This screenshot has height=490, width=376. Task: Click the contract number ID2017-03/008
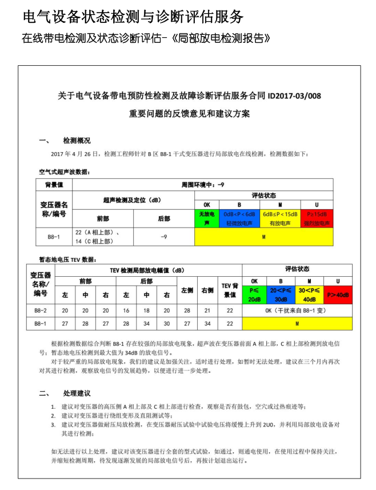[290, 96]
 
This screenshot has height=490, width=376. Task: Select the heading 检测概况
[76, 140]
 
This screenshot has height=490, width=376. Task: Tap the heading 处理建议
[77, 393]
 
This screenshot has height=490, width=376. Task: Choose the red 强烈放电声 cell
[317, 218]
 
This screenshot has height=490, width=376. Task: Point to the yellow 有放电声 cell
[279, 218]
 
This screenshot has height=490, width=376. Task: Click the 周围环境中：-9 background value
[202, 185]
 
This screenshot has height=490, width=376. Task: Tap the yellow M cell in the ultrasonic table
[263, 236]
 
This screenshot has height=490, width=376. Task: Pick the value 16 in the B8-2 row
[126, 310]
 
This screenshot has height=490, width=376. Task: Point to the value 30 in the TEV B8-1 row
[166, 324]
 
